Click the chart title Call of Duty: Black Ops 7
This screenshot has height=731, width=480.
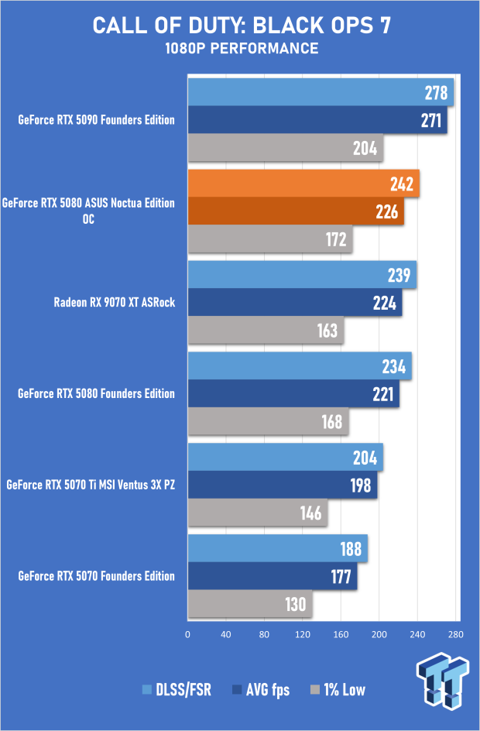pos(241,25)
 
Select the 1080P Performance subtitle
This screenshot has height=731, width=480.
pos(241,49)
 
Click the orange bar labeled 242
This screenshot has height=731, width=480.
pos(303,184)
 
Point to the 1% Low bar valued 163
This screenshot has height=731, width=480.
pos(266,331)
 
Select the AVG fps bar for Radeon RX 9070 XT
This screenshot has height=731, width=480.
pos(295,303)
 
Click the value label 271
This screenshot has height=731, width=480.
pos(431,121)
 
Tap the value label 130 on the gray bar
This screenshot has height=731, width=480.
pos(295,604)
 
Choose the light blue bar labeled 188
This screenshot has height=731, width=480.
pos(277,548)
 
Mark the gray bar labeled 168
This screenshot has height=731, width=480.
pos(268,422)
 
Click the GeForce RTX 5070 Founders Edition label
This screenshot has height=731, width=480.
pos(97,576)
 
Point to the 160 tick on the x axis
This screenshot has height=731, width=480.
pos(341,634)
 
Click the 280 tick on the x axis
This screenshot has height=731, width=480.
pos(455,634)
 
